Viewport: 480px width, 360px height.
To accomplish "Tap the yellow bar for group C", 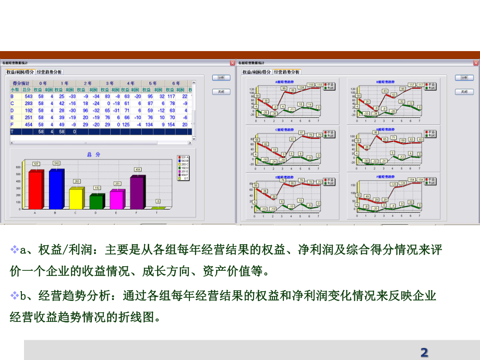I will (76, 198).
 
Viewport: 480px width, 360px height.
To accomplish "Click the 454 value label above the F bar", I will (138, 169).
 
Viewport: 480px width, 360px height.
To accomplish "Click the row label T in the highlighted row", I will (13, 132).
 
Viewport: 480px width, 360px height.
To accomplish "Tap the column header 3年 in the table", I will (110, 83).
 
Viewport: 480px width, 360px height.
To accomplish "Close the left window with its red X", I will (233, 63).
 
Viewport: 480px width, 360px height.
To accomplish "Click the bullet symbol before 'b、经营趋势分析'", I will (15, 295).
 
